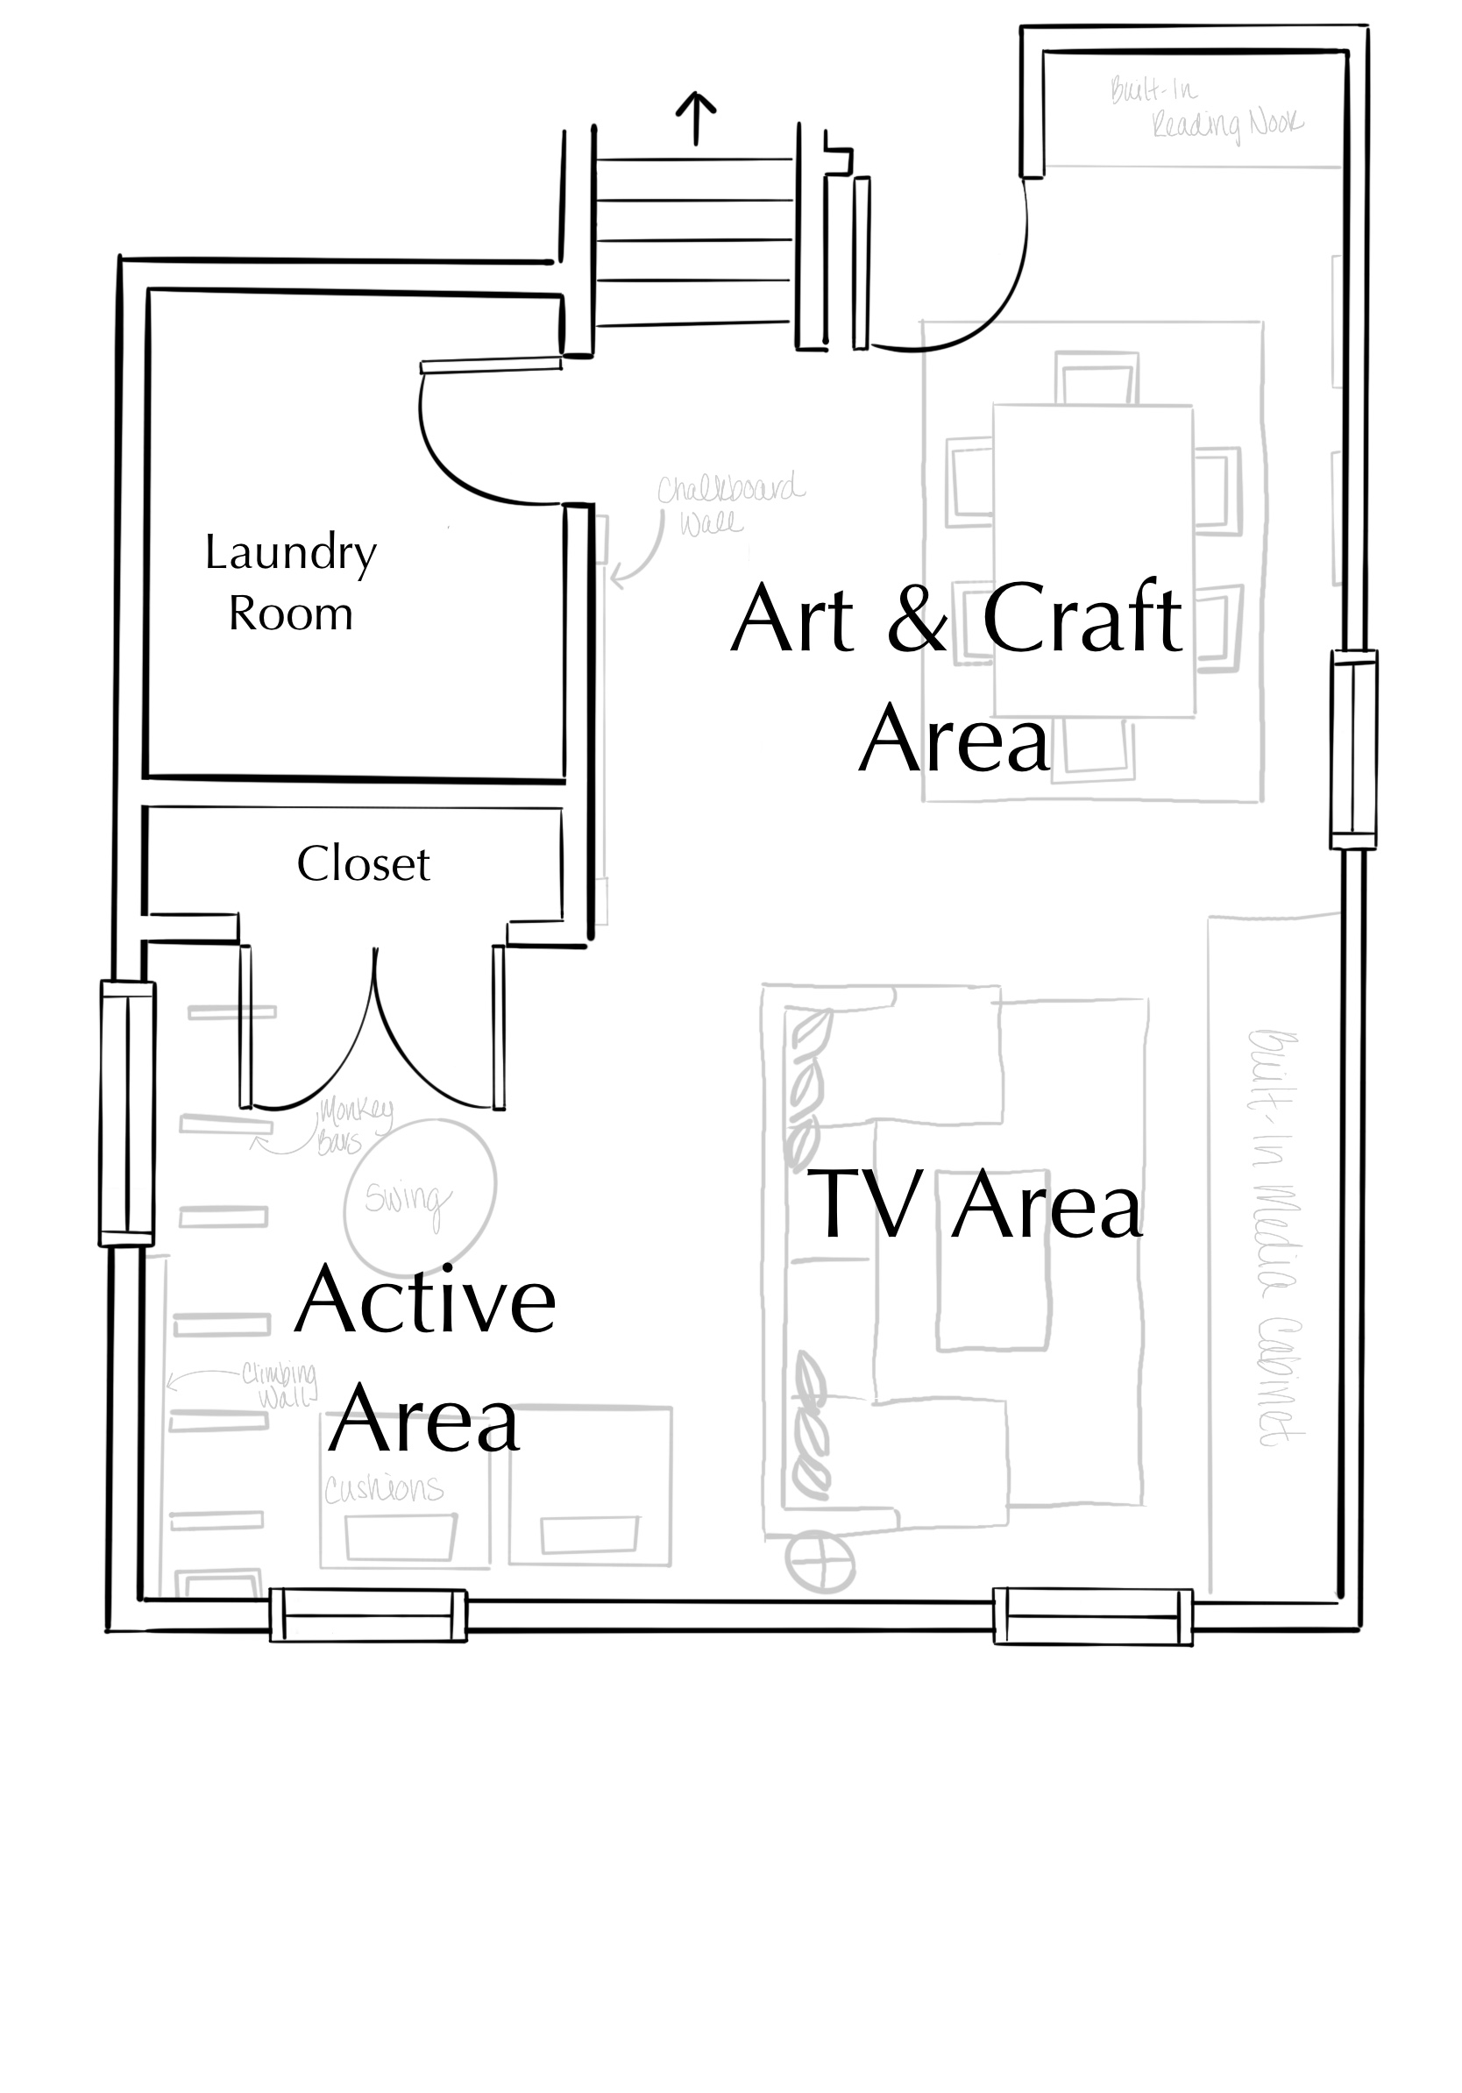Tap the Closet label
click(x=363, y=863)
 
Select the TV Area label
click(x=974, y=1205)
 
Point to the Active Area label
click(x=425, y=1359)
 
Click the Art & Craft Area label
click(x=957, y=677)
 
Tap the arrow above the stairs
click(x=695, y=117)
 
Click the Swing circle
click(x=420, y=1196)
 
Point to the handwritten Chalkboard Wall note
click(x=729, y=504)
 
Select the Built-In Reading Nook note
click(x=1203, y=110)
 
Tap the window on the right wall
click(x=1352, y=749)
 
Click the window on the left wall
click(x=127, y=1113)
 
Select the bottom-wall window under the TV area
click(x=1092, y=1617)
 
